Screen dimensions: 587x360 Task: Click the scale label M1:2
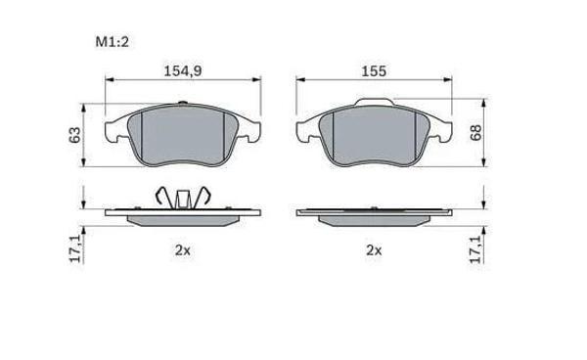[112, 41]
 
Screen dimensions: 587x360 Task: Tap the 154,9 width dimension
[183, 70]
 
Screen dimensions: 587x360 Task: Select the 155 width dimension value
[374, 71]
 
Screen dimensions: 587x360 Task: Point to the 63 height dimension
[75, 135]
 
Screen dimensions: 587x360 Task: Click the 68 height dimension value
[475, 132]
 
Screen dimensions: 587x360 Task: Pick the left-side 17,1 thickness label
[76, 249]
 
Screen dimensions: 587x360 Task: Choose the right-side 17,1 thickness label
[475, 249]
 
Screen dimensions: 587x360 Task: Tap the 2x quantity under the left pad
[183, 250]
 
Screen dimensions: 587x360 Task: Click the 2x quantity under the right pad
[374, 250]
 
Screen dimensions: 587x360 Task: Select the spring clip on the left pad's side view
[183, 198]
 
